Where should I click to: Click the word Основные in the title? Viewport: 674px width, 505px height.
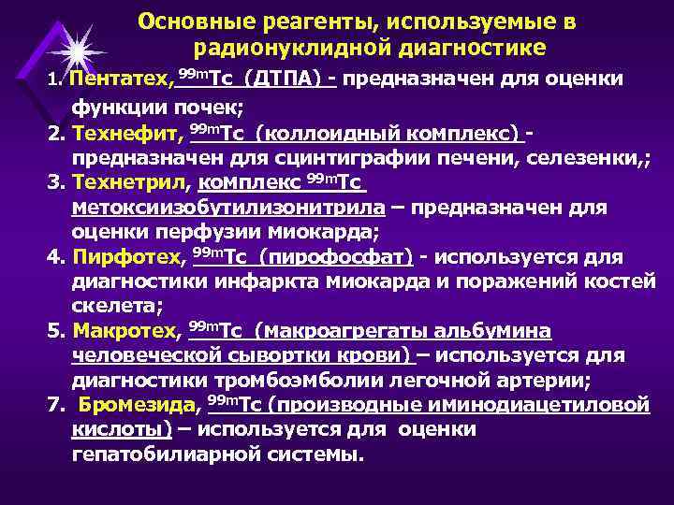194,20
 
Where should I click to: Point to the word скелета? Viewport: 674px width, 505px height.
110,306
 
